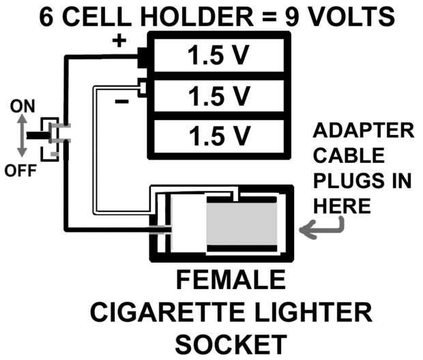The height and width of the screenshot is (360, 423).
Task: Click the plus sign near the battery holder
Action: (119, 41)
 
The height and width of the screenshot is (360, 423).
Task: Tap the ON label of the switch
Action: (23, 106)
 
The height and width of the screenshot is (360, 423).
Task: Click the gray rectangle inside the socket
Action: (242, 224)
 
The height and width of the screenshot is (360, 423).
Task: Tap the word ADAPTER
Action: (362, 130)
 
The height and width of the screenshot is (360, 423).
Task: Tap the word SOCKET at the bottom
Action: (231, 343)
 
